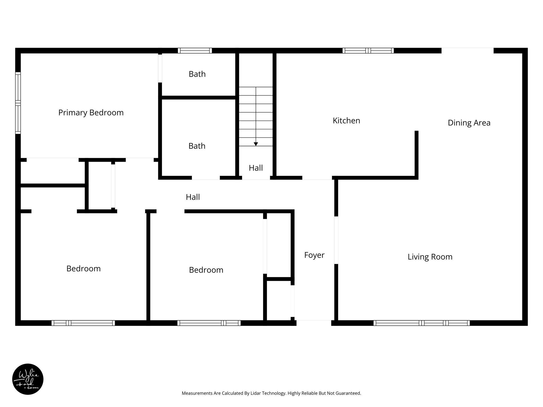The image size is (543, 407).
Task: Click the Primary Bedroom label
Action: [x=91, y=113]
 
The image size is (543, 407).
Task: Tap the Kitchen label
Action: [x=346, y=121]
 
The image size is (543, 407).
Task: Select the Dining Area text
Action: [x=469, y=123]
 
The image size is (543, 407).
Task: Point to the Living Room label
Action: [x=430, y=257]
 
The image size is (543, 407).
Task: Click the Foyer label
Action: [x=314, y=255]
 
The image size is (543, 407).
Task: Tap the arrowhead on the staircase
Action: [x=256, y=144]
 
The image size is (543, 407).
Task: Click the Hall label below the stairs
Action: [x=256, y=168]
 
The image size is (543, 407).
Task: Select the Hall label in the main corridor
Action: [x=193, y=197]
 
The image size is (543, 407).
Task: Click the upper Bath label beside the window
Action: [x=197, y=74]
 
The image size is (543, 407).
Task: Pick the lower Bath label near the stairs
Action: [x=197, y=146]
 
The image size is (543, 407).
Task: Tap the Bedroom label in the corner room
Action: [x=83, y=269]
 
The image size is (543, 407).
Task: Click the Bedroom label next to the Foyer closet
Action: [x=206, y=270]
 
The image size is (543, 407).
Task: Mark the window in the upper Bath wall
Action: [x=195, y=51]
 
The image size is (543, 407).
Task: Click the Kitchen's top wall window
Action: [x=368, y=51]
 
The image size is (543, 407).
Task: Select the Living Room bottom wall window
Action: [x=421, y=323]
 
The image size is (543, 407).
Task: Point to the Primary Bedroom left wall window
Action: [x=18, y=103]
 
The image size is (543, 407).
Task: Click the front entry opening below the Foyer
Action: [x=314, y=323]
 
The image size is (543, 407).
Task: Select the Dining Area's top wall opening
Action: [x=467, y=51]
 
